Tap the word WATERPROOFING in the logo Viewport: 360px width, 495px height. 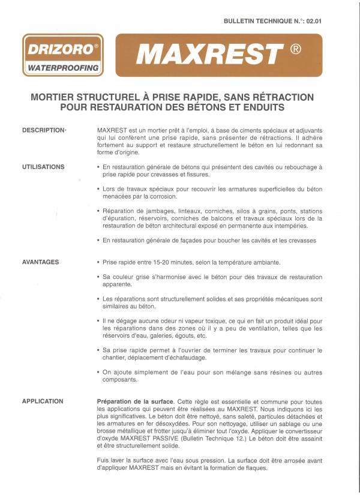pos(62,68)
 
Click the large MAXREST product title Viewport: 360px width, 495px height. pos(209,56)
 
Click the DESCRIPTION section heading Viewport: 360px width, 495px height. pos(43,130)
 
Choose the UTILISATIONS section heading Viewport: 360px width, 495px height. pos(44,166)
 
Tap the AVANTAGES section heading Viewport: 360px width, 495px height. pos(40,262)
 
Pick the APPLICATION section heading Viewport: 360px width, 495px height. pos(43,401)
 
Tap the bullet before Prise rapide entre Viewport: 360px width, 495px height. pos(98,263)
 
